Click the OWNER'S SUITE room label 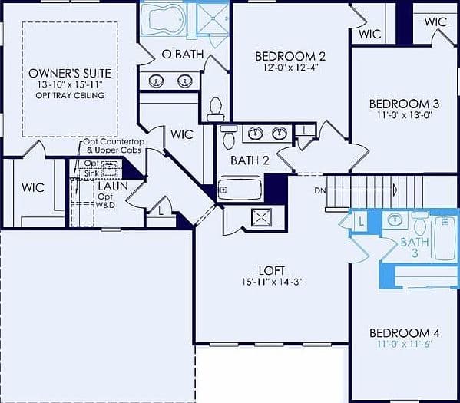(70, 74)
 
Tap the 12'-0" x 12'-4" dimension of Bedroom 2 (290, 68)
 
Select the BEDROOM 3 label (404, 104)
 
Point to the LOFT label (271, 270)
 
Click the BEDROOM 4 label (404, 333)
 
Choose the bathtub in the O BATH (164, 19)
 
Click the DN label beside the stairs (319, 190)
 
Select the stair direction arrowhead (395, 190)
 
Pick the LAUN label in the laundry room (113, 187)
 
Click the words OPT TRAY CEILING (70, 96)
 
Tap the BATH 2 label (250, 160)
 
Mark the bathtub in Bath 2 (240, 189)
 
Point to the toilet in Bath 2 (229, 137)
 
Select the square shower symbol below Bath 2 (261, 218)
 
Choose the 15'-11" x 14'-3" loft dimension (272, 282)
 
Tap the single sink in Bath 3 (395, 220)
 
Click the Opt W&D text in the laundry (105, 201)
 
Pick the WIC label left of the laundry (33, 188)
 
